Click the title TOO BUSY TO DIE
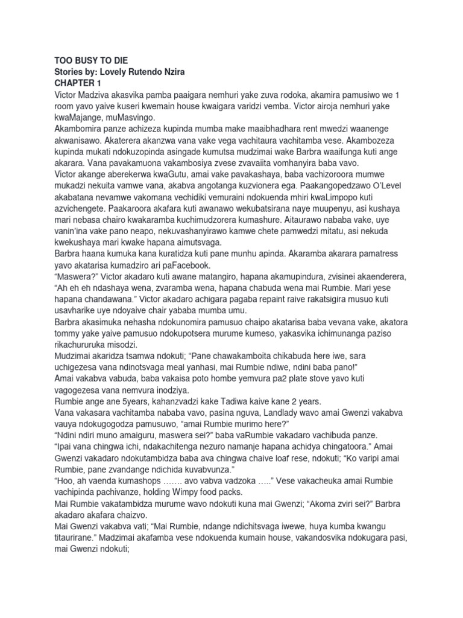(x=92, y=61)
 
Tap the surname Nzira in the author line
(x=189, y=72)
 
